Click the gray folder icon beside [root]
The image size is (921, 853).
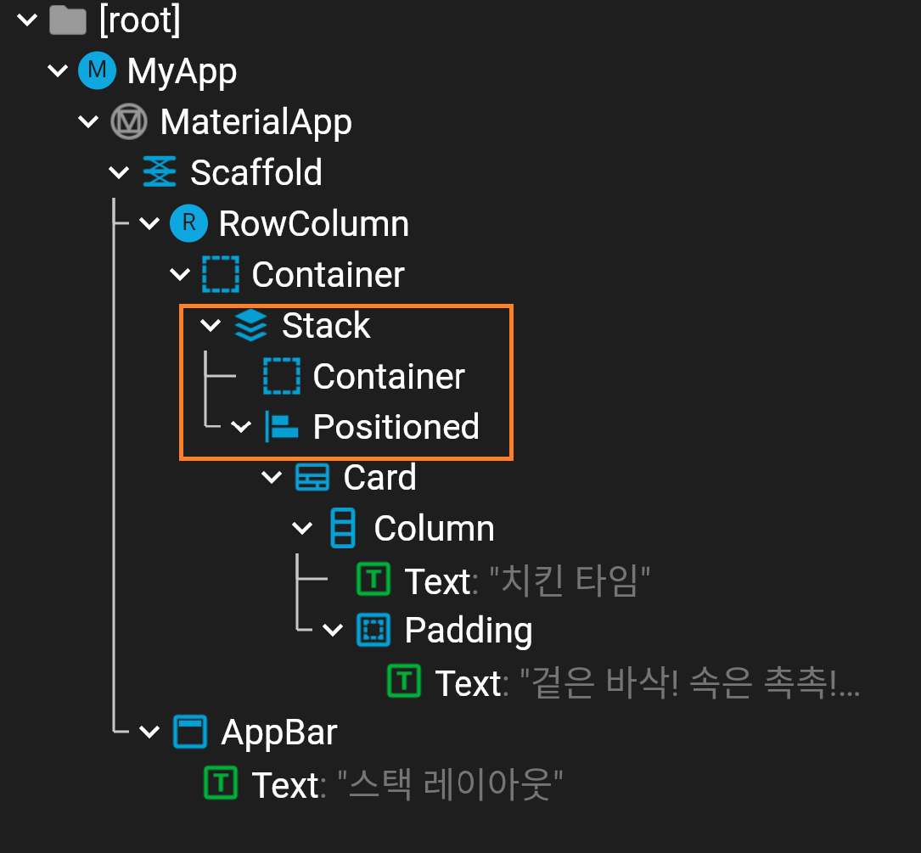[67, 20]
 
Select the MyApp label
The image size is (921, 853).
[182, 70]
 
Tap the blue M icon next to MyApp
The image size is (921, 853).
[97, 70]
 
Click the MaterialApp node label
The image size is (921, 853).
[256, 121]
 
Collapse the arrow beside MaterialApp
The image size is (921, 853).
[88, 122]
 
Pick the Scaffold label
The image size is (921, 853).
[256, 172]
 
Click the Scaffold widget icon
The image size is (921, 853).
[160, 172]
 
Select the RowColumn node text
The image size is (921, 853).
[313, 223]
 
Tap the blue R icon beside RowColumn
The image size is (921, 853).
[189, 223]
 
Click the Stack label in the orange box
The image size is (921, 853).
[326, 325]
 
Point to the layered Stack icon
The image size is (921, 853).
[250, 325]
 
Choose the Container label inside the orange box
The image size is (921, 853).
[389, 376]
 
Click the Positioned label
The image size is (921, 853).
[396, 427]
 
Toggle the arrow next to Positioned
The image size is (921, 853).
[241, 427]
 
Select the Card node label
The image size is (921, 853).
[379, 478]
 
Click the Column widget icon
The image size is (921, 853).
[342, 529]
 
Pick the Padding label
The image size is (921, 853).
[469, 631]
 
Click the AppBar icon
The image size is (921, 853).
[190, 732]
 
